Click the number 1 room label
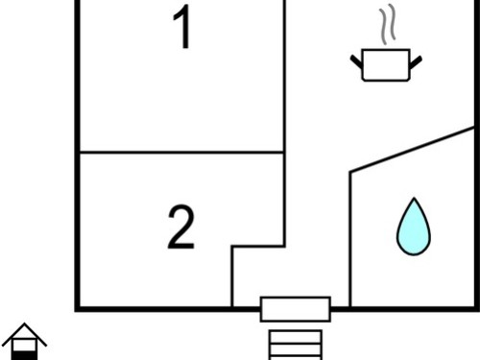[182, 27]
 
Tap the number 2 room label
[181, 227]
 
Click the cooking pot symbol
[386, 64]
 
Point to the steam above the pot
[388, 24]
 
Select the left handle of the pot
[356, 61]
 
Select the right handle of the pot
[416, 62]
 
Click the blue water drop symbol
[414, 227]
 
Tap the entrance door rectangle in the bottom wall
[296, 309]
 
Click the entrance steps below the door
[296, 345]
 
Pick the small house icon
[24, 342]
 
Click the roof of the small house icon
[24, 334]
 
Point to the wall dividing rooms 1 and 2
[181, 152]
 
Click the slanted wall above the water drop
[412, 150]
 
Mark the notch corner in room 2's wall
[232, 247]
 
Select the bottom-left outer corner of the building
[77, 309]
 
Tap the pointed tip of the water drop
[414, 199]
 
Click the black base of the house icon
[24, 355]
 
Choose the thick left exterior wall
[77, 156]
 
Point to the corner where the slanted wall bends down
[350, 173]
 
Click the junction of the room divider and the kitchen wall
[284, 152]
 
